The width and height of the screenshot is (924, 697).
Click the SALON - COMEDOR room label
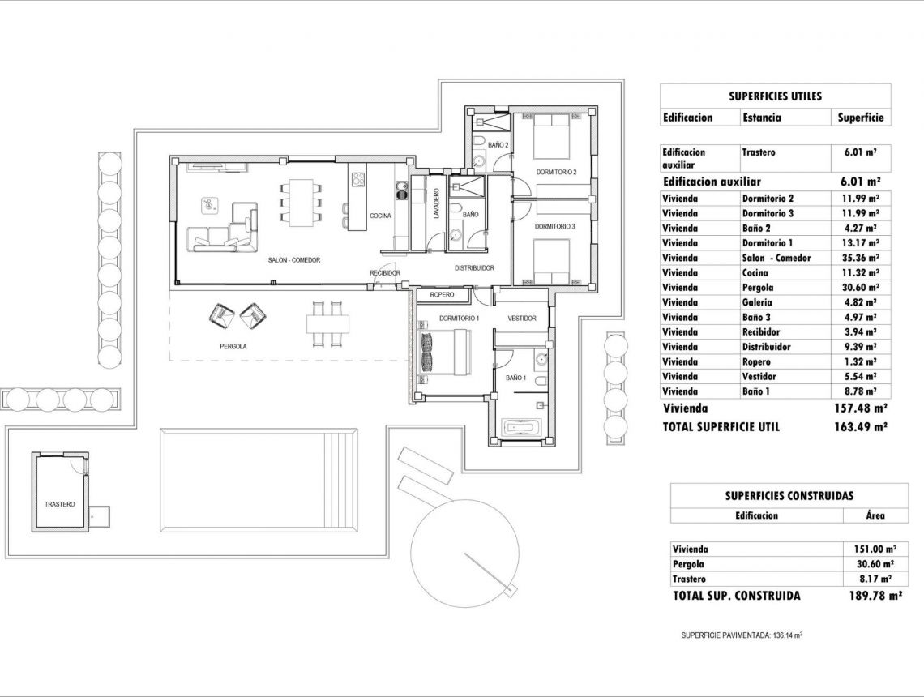(x=294, y=260)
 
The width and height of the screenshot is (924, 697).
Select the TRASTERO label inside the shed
(x=60, y=504)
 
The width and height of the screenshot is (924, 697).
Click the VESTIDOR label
(x=522, y=319)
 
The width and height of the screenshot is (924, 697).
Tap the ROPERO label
(x=442, y=295)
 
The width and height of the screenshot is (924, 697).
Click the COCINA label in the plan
(x=380, y=216)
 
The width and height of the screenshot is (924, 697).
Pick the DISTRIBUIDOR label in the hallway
(x=474, y=267)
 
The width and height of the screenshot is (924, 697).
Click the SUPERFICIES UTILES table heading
(x=775, y=96)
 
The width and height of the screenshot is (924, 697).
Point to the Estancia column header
(x=762, y=118)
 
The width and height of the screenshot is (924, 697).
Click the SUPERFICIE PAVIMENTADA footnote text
(x=742, y=636)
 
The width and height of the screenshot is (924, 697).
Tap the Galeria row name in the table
(x=759, y=302)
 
